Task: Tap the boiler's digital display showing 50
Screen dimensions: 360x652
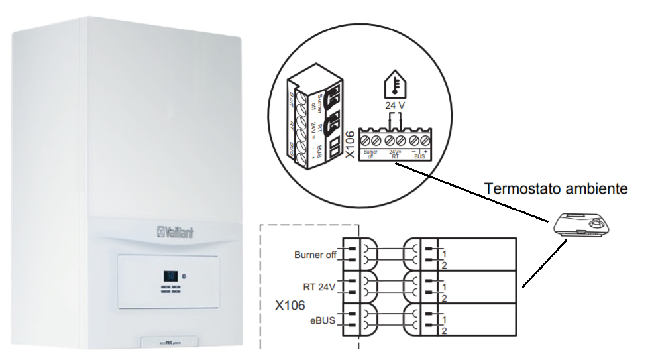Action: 170,275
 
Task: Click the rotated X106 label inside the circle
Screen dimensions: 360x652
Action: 352,144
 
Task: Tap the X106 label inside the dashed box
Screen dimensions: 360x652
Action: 291,306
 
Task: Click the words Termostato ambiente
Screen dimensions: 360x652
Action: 555,189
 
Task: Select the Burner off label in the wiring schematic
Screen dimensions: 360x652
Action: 316,254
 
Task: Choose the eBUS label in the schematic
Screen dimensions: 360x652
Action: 323,320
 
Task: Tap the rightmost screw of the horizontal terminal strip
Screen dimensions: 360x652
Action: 424,140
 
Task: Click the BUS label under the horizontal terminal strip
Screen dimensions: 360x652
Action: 419,156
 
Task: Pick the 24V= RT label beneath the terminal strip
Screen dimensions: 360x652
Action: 395,154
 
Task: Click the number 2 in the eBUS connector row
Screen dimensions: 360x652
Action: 445,330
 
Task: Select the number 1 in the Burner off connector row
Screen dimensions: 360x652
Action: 445,254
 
